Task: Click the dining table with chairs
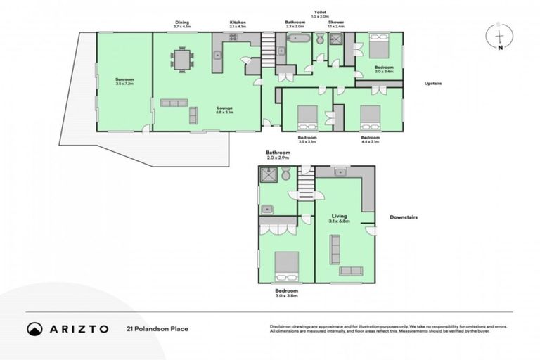coord(183,59)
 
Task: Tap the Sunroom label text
coord(124,81)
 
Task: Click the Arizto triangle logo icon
coord(34,328)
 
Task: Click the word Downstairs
coord(404,217)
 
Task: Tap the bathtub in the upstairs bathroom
coord(295,40)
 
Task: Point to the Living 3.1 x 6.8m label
coord(340,218)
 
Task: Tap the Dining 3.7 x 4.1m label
coord(182,25)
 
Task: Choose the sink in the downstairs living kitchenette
coord(341,172)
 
